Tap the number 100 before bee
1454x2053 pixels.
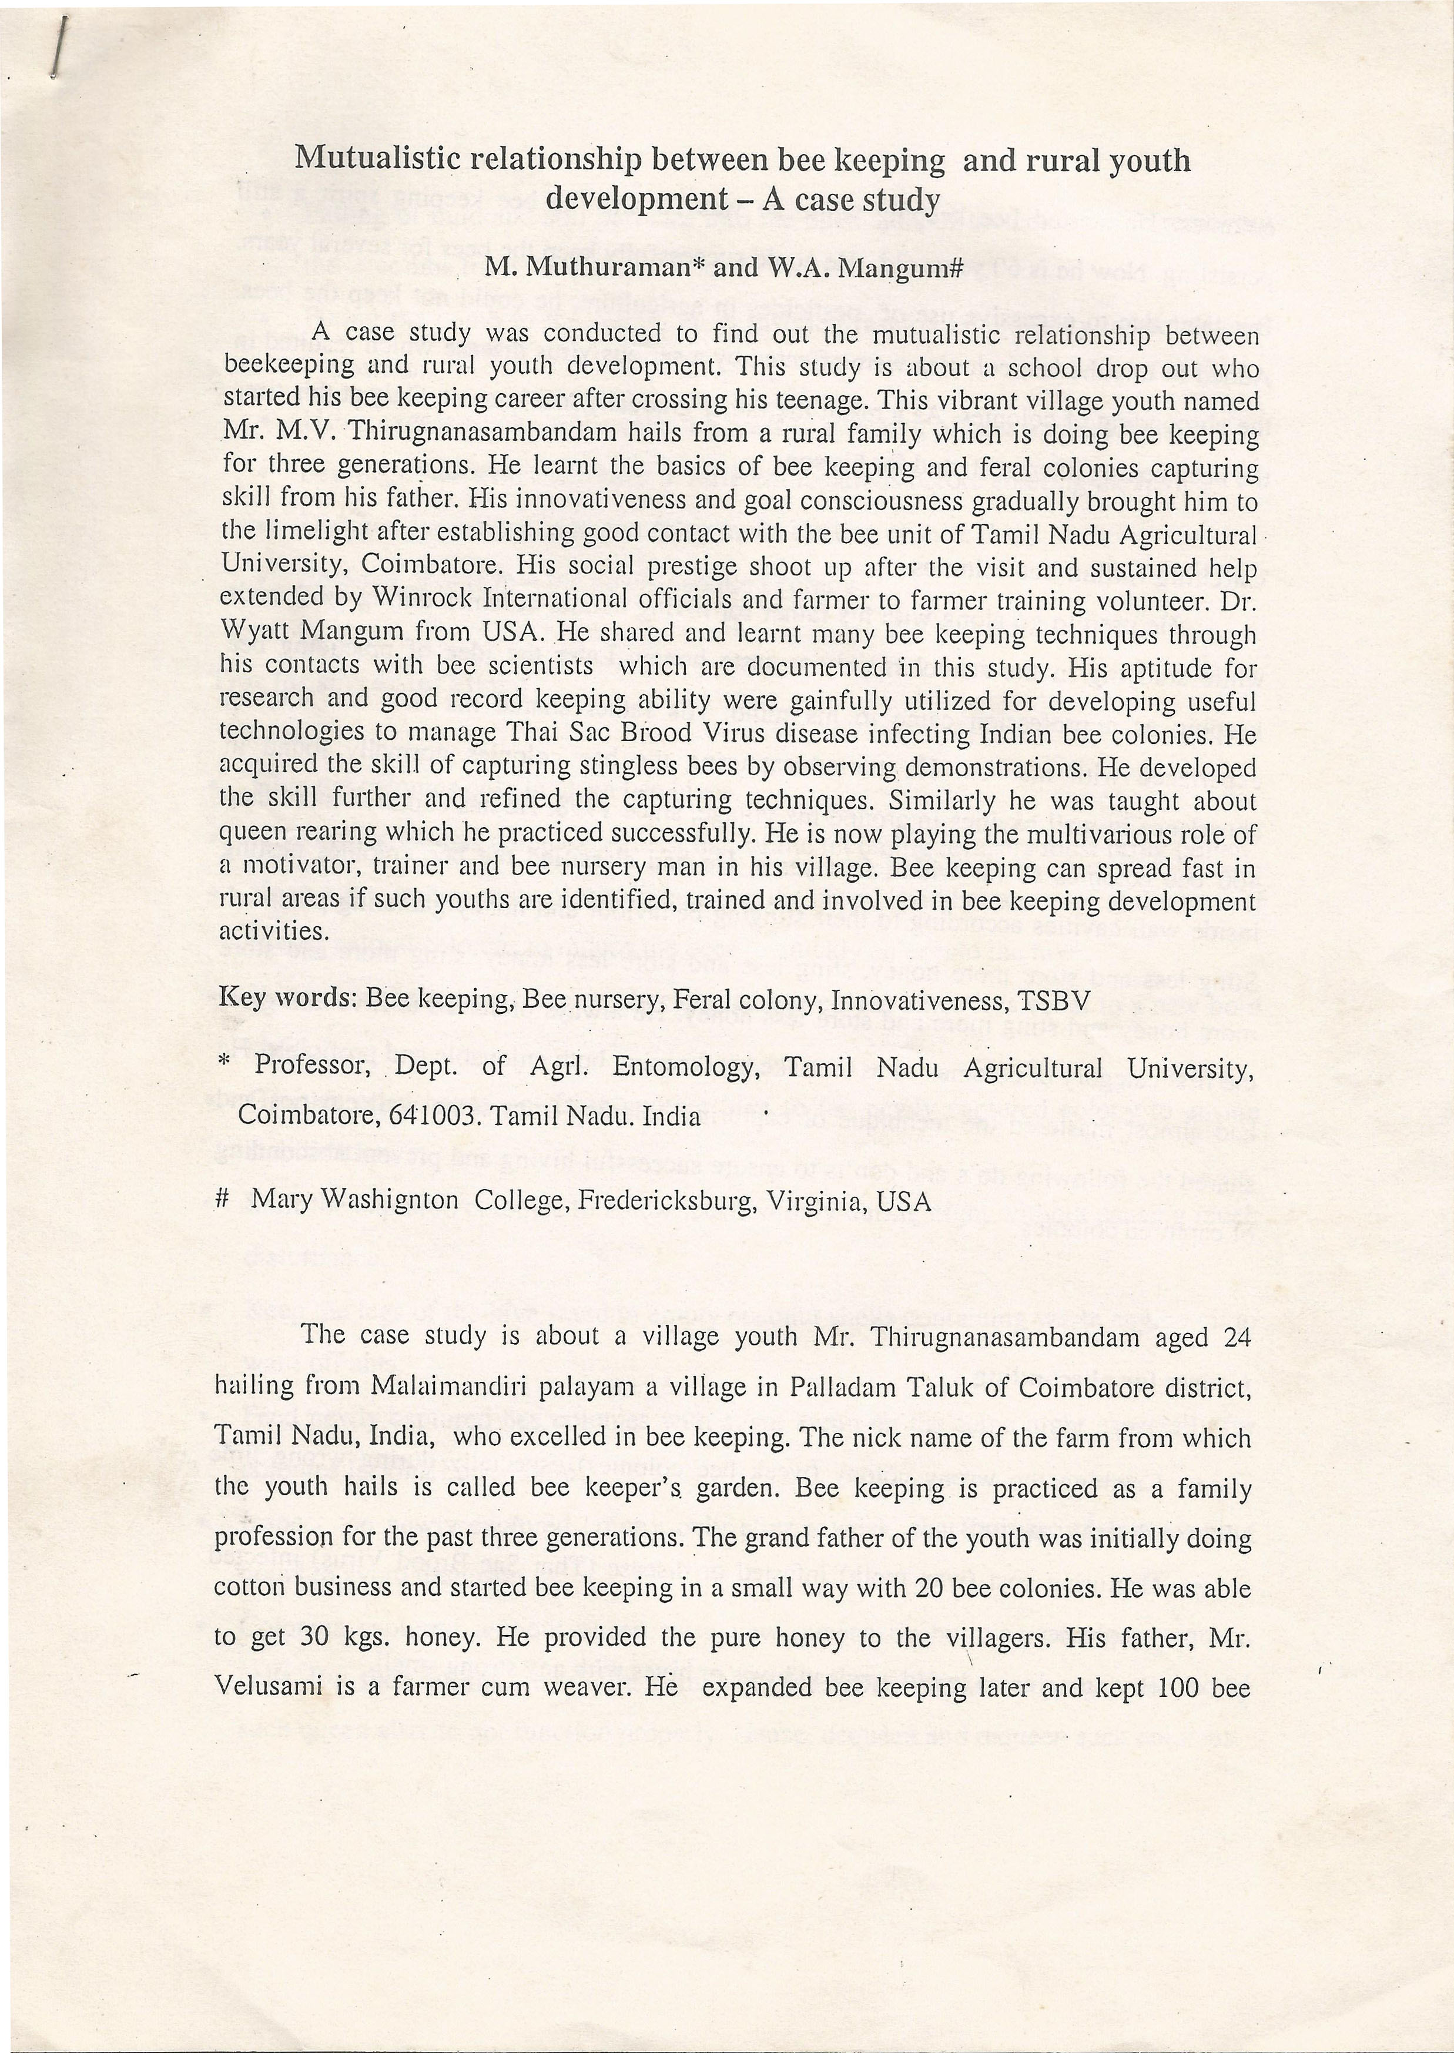coord(1177,1687)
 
